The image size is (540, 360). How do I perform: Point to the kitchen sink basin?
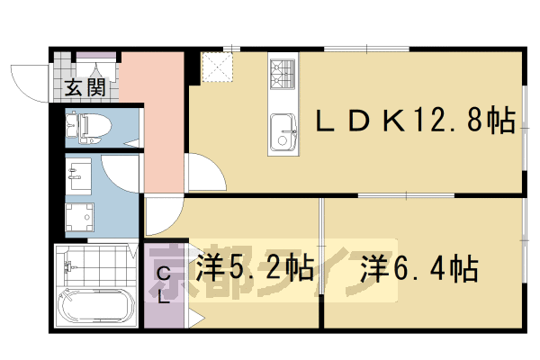point(283,135)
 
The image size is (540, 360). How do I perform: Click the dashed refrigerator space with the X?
point(215,67)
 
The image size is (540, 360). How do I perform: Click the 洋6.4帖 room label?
point(419,267)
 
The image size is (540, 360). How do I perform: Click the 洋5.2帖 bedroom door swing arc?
point(162,216)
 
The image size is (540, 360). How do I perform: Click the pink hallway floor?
point(153,117)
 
